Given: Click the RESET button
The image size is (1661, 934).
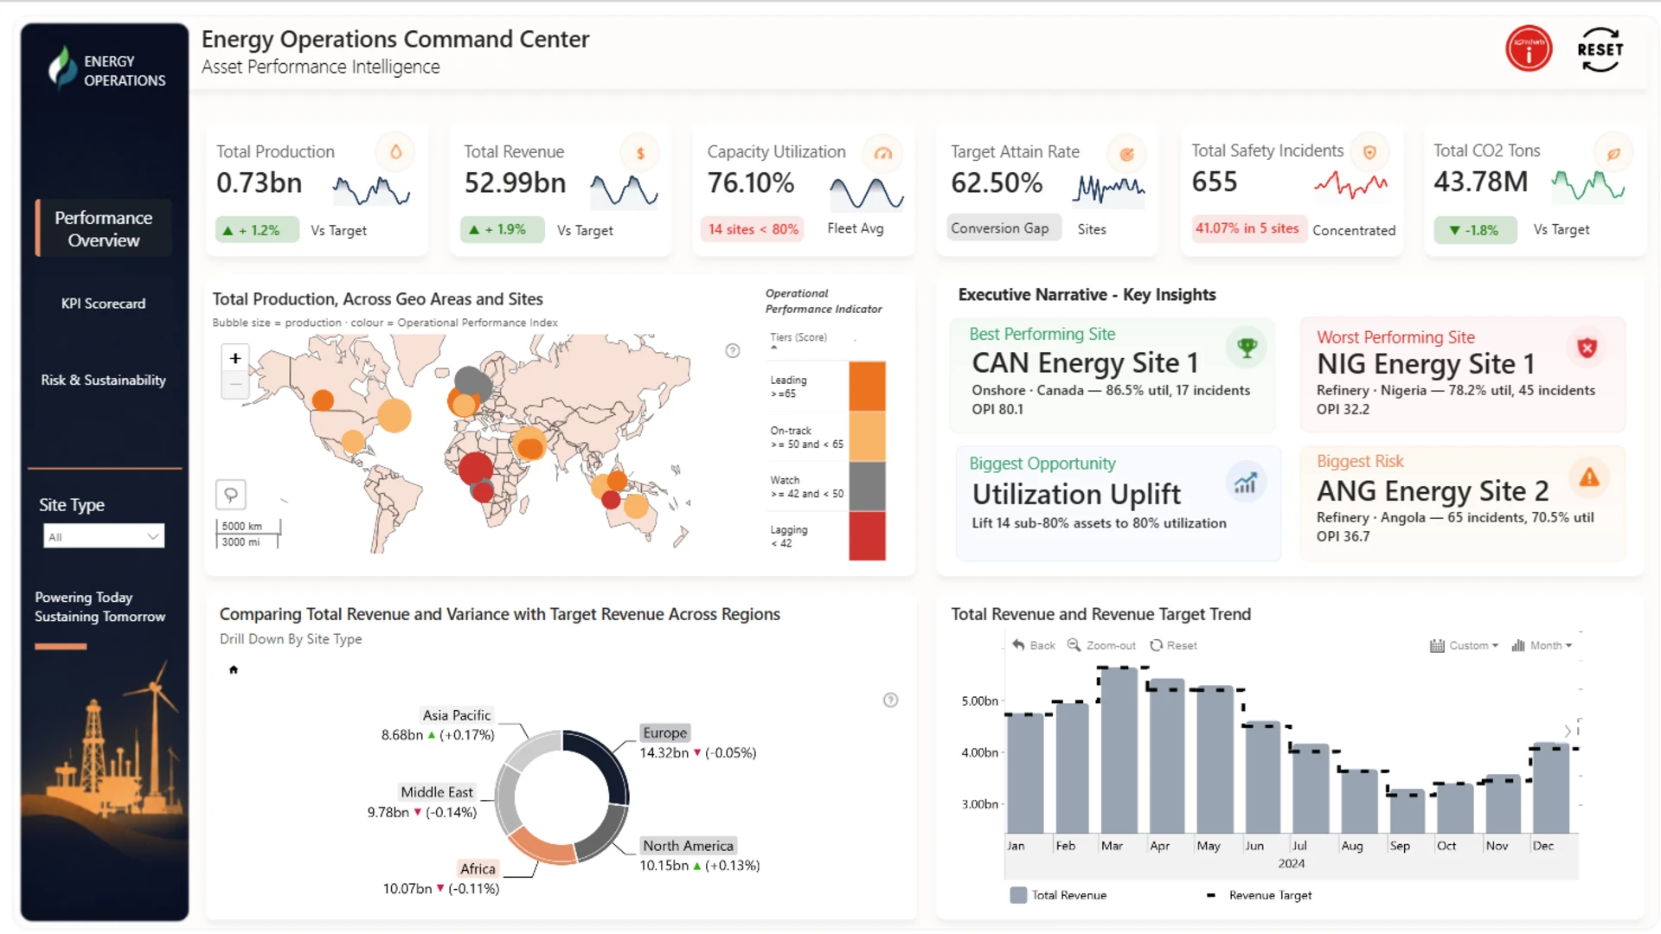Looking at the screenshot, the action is (1600, 49).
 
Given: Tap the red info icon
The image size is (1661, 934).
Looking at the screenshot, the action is (1529, 48).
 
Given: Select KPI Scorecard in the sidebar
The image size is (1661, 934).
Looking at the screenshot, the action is (103, 304).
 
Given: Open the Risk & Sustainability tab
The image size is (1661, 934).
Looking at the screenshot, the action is (103, 380).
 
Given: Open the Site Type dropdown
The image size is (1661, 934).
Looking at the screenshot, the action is (104, 536).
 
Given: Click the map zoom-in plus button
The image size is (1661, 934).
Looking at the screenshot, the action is (235, 358).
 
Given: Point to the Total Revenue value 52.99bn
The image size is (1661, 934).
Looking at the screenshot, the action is (515, 183).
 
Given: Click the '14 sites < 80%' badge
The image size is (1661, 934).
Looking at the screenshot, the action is (753, 229).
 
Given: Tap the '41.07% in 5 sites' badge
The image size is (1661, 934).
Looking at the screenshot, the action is (1247, 228).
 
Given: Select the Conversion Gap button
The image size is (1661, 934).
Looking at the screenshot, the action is (1000, 228).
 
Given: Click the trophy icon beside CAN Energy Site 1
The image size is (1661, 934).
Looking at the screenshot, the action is (1247, 348).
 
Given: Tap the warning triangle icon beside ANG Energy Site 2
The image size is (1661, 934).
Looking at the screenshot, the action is (1589, 477).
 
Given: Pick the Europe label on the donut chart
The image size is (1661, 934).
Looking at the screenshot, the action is (664, 732).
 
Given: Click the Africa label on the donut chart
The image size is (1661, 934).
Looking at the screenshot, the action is (478, 868).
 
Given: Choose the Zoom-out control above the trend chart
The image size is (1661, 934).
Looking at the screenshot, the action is (1101, 645).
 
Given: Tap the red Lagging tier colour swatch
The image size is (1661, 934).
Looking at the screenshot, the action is (867, 536).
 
